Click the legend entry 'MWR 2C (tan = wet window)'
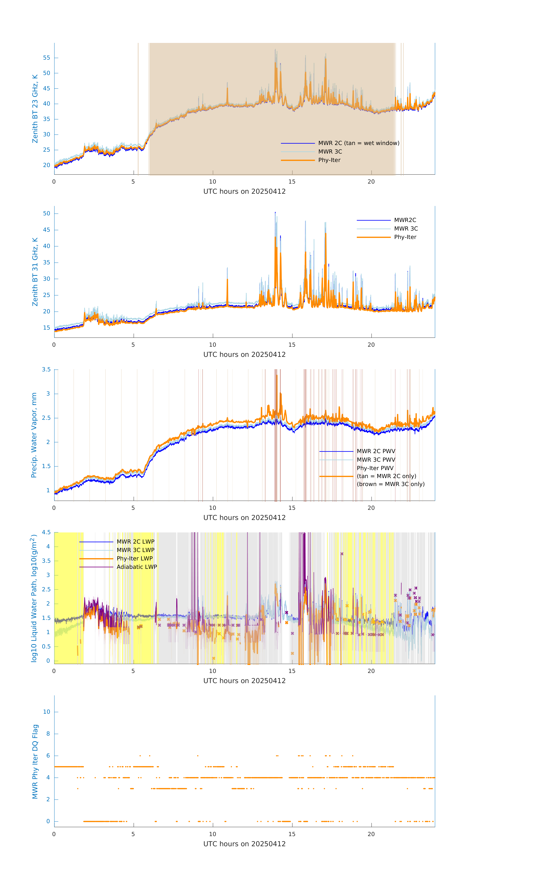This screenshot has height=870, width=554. click(x=358, y=143)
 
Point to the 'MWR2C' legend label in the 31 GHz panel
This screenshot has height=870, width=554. click(x=405, y=220)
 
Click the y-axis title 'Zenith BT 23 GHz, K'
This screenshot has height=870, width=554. click(x=35, y=109)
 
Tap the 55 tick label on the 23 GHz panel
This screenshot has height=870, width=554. click(x=46, y=58)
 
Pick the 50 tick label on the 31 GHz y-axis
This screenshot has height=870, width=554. click(x=46, y=214)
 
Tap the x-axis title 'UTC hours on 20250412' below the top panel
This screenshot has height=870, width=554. click(x=244, y=192)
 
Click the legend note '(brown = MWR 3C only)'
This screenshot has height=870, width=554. click(x=390, y=484)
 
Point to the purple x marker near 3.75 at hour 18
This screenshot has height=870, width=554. click(x=342, y=554)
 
